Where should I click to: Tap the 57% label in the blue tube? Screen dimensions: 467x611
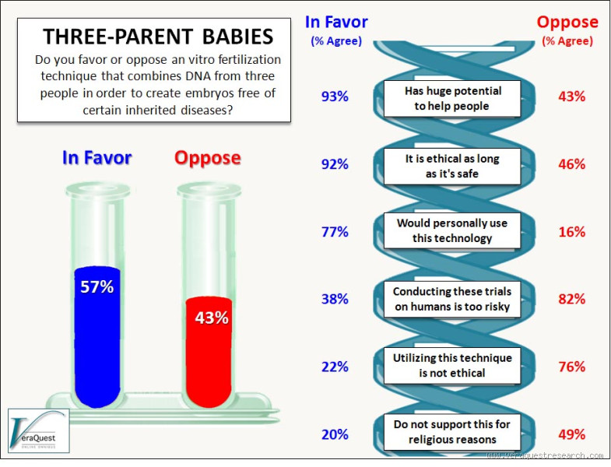click(97, 286)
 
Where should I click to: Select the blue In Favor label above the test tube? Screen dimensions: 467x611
click(97, 158)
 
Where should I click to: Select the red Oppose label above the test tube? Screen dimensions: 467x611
click(207, 158)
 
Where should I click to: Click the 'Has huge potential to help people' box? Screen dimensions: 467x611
click(453, 98)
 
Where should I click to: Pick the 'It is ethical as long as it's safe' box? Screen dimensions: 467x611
click(453, 166)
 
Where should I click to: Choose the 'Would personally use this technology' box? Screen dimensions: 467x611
click(453, 231)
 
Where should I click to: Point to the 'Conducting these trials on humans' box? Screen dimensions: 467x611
click(453, 299)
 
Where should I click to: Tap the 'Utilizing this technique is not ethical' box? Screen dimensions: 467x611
click(453, 366)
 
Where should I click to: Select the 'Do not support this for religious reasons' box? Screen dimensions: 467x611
click(453, 433)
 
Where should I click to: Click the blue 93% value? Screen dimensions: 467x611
click(335, 97)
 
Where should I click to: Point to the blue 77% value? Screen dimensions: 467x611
click(335, 231)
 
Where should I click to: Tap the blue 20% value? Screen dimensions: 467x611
click(335, 434)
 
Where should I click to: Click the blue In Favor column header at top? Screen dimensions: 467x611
click(336, 22)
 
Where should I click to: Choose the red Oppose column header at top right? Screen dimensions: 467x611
click(567, 22)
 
